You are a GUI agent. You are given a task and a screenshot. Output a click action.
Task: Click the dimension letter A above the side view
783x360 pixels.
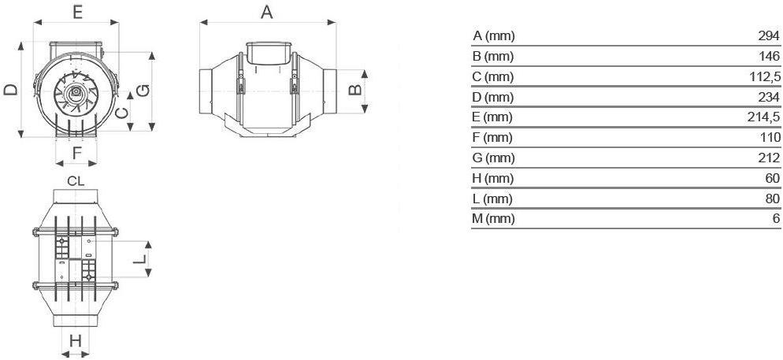(x=267, y=12)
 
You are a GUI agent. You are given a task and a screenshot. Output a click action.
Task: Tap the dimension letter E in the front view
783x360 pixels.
(x=77, y=12)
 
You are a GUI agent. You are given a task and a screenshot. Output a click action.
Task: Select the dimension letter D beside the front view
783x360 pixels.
(x=11, y=89)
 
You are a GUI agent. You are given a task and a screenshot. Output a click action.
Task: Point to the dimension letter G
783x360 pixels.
(x=143, y=91)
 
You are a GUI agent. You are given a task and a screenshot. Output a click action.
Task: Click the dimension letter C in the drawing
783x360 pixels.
(x=121, y=113)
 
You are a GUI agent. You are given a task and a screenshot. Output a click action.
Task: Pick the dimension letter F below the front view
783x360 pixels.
(x=77, y=154)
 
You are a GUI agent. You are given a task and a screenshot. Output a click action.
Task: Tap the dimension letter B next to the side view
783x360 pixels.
(x=354, y=89)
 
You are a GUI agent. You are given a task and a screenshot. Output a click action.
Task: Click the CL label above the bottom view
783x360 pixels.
(x=76, y=181)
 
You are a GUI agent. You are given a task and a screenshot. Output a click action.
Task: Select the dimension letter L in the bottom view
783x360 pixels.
(x=141, y=258)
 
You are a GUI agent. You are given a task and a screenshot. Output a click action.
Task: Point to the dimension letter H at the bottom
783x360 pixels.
(x=76, y=341)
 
